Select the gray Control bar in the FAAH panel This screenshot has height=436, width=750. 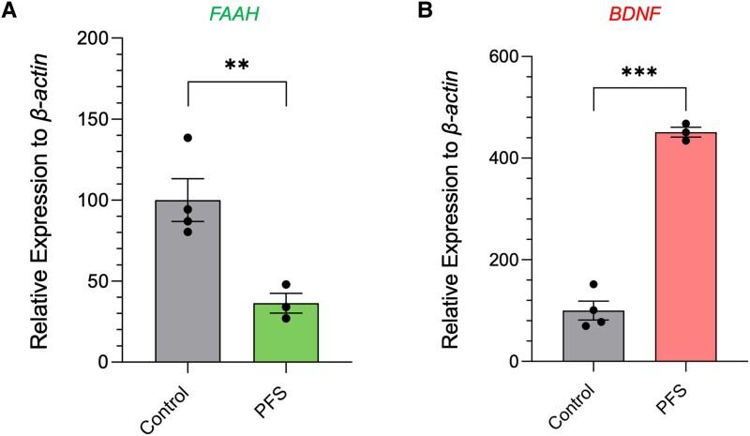click(188, 281)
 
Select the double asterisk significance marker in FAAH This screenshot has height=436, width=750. click(235, 65)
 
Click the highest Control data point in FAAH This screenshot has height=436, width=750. click(187, 138)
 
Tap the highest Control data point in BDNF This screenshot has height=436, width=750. click(592, 285)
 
